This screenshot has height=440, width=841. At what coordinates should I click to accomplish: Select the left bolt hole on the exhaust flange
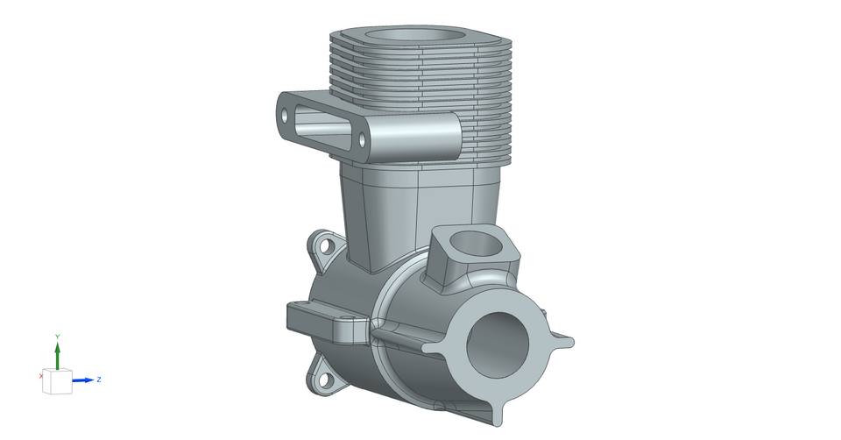[284, 115]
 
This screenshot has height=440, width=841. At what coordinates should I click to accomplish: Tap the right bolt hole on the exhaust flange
[362, 140]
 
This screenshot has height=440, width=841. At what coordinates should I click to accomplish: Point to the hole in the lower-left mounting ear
[325, 380]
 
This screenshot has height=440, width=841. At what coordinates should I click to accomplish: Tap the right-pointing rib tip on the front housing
[569, 341]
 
